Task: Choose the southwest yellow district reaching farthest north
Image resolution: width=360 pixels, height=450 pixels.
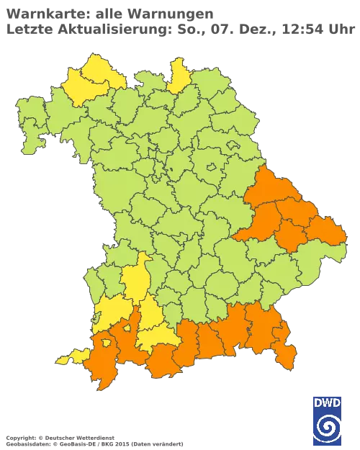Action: (x=135, y=280)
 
